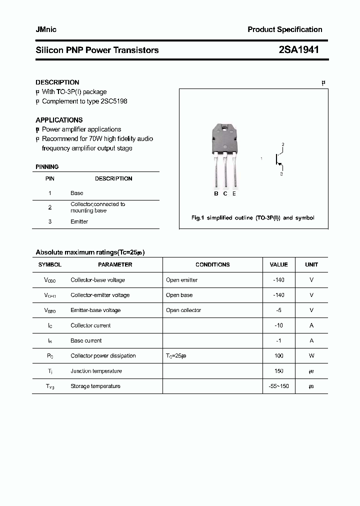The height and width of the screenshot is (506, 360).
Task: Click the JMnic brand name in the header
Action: click(x=46, y=29)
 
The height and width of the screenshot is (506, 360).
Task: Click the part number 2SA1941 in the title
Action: click(x=298, y=49)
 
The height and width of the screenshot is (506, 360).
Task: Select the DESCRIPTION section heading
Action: click(x=57, y=82)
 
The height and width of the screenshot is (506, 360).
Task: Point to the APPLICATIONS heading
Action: click(x=59, y=120)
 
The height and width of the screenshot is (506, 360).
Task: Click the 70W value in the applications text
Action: click(x=98, y=138)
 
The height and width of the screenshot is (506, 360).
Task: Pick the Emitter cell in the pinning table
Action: click(x=79, y=221)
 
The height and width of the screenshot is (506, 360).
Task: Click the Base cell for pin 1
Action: click(x=77, y=193)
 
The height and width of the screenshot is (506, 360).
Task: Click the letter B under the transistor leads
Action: click(x=216, y=193)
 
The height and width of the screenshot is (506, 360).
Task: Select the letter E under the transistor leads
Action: click(x=234, y=193)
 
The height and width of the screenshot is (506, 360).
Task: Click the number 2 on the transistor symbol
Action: click(x=282, y=145)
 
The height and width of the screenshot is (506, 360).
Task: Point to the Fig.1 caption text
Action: click(x=253, y=218)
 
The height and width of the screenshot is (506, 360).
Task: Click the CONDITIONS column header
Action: click(x=212, y=264)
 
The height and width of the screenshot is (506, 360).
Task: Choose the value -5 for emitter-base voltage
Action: click(x=278, y=310)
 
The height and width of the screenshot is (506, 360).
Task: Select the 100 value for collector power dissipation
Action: click(x=278, y=355)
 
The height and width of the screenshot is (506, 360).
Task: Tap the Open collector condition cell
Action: click(x=183, y=310)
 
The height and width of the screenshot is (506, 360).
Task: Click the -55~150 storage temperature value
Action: click(x=278, y=386)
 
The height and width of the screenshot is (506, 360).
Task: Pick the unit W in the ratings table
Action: click(x=311, y=355)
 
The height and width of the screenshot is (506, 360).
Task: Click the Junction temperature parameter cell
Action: click(x=96, y=371)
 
